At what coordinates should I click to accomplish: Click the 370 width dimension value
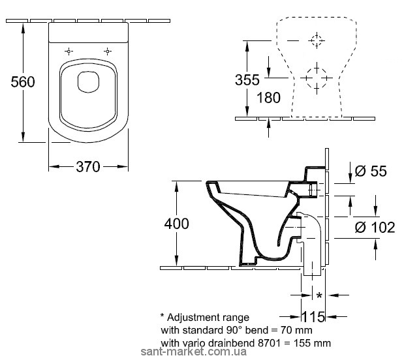(87, 167)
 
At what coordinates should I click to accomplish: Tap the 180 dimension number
(268, 98)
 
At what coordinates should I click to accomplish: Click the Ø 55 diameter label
(371, 171)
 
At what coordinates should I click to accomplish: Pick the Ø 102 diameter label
(375, 227)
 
